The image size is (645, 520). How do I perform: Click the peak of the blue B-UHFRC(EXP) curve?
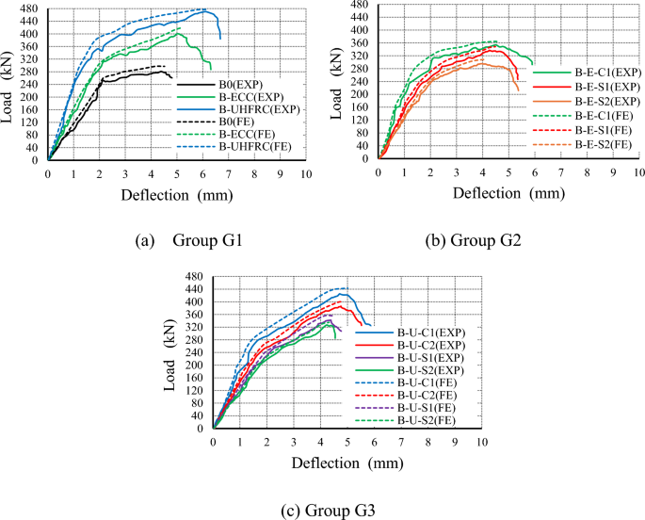pos(205,11)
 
